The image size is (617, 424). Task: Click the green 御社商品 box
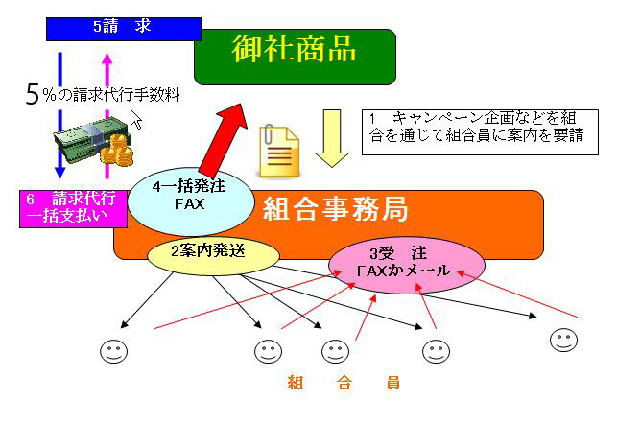point(295,55)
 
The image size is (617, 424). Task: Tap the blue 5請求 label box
point(123,27)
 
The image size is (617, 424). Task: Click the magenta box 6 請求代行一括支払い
point(72,208)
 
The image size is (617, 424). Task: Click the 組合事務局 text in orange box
point(336,207)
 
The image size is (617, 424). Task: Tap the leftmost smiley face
point(113,350)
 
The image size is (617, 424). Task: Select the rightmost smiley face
point(563,339)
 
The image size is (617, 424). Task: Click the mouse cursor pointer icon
point(136,119)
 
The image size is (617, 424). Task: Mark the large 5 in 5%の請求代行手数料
point(33,95)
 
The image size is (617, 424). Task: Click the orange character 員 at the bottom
point(392,383)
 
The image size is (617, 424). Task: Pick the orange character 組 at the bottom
point(296,383)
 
